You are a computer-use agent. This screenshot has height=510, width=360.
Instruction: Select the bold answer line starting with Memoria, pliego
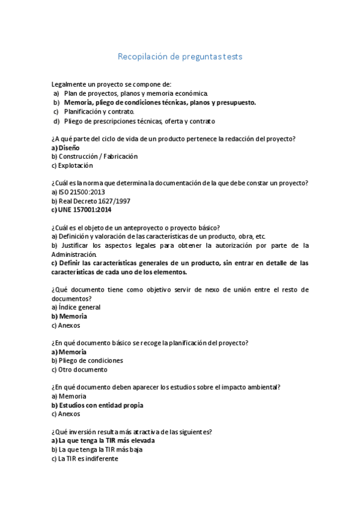[159, 102]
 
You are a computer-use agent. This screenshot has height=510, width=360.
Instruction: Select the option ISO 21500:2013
[83, 192]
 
